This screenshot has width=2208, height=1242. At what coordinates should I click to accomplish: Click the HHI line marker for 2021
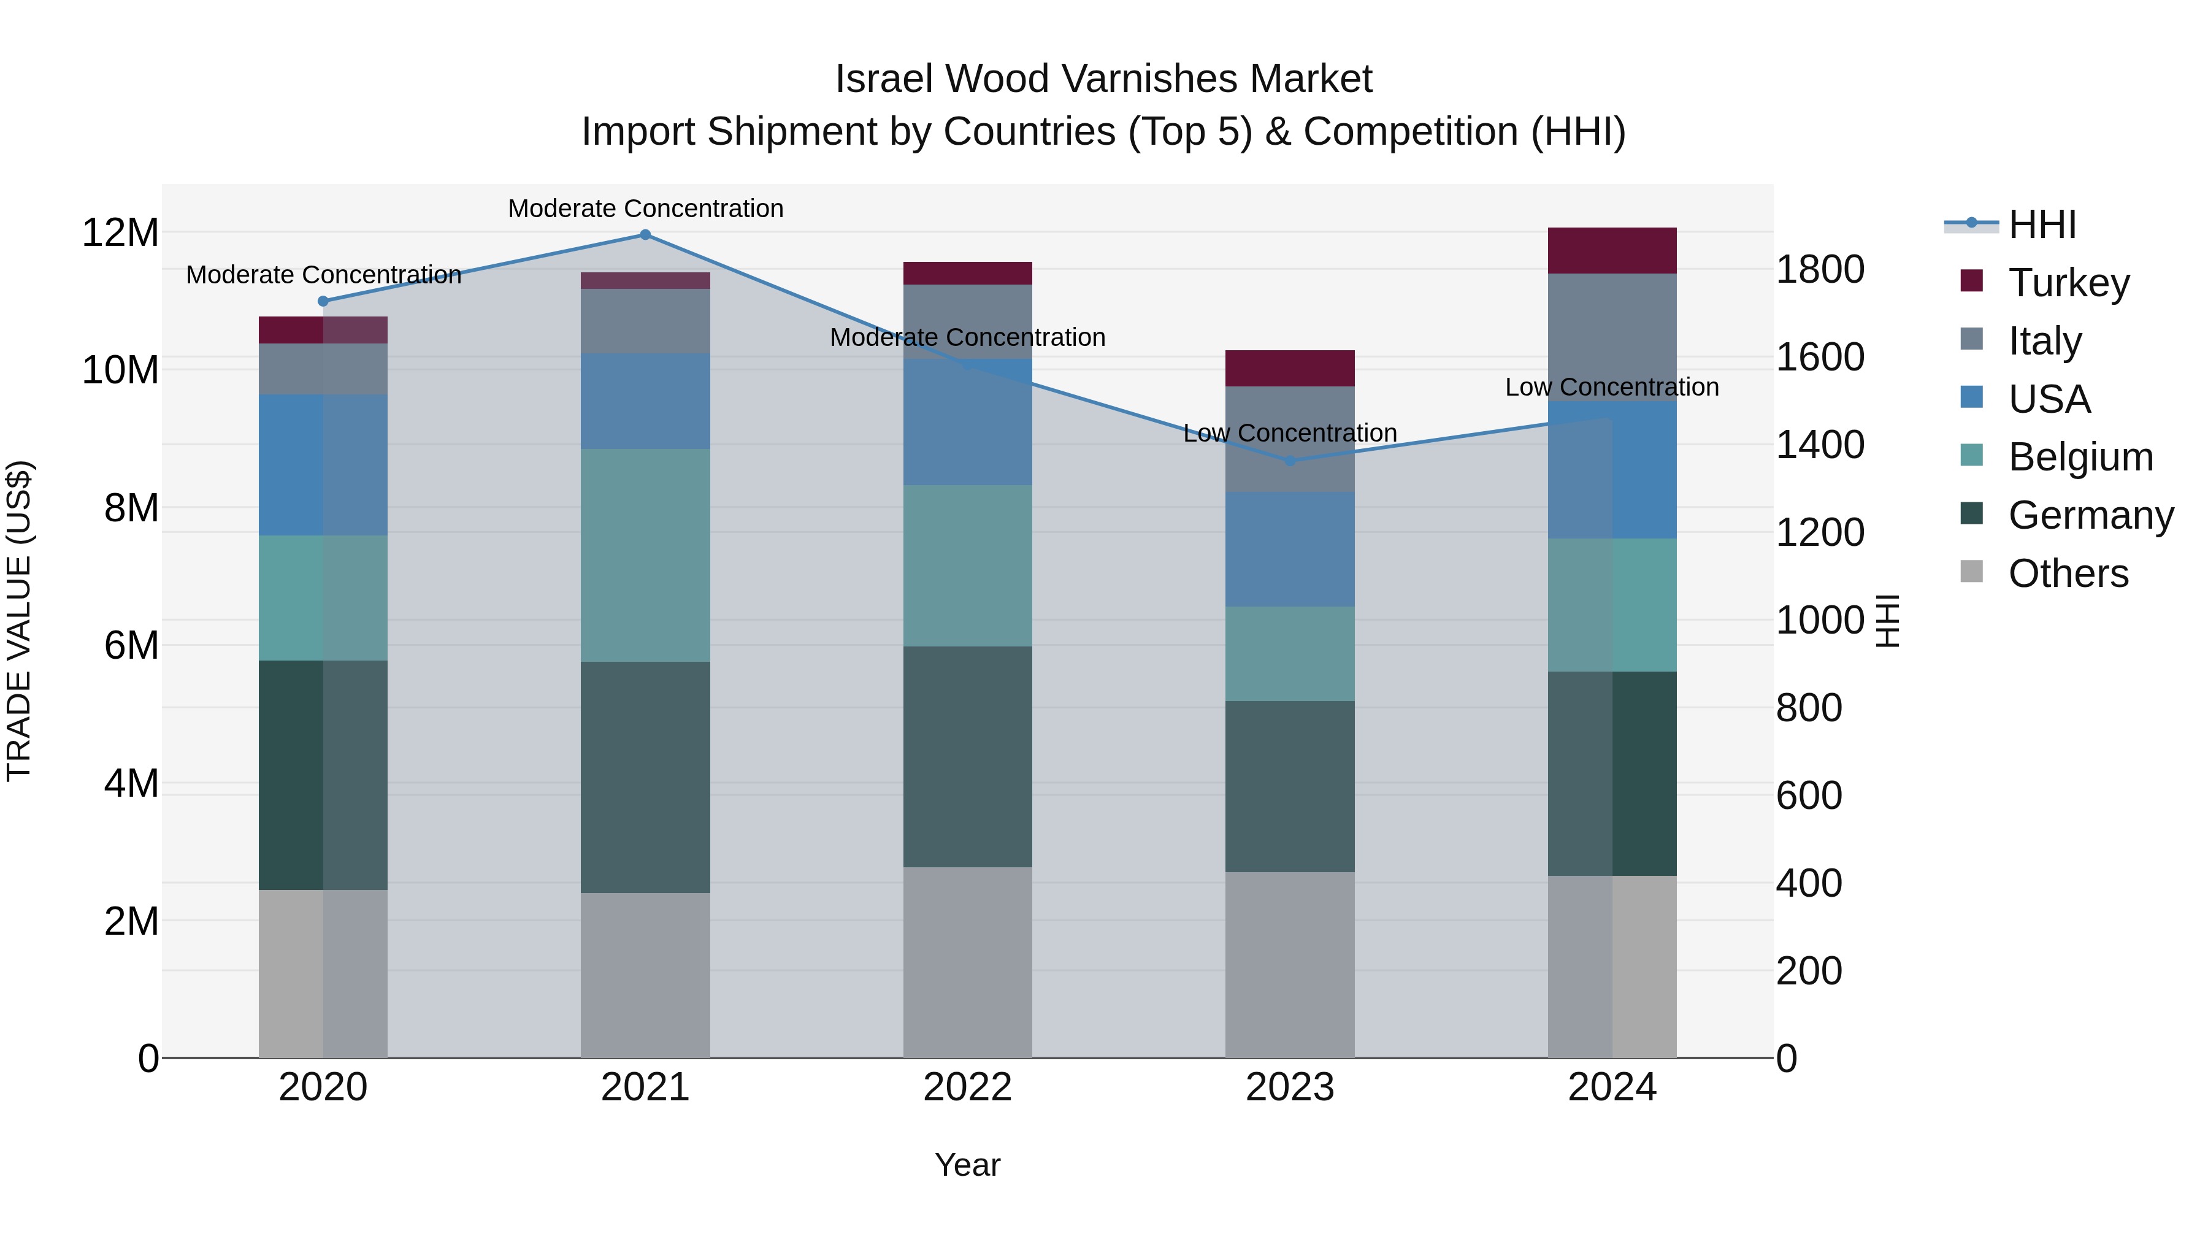coord(645,235)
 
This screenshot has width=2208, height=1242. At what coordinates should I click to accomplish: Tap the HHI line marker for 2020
coord(323,301)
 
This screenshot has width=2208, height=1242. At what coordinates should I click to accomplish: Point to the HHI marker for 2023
coord(1290,460)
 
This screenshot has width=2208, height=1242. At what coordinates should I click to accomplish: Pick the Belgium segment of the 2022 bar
coord(968,565)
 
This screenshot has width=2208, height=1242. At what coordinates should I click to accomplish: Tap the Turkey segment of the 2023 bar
coord(1290,368)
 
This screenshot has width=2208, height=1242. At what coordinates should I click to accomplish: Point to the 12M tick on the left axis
coord(120,233)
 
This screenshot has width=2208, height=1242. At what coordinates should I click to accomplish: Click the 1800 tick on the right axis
coord(1820,269)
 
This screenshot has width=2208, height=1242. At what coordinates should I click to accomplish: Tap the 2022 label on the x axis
coord(968,1087)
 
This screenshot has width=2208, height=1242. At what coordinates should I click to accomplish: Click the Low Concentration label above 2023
coord(1290,433)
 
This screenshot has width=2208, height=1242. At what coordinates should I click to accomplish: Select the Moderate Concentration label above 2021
coord(645,209)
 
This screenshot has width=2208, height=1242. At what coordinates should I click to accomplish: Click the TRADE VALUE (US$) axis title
coord(19,621)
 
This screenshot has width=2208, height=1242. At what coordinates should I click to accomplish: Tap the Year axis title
coord(968,1165)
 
